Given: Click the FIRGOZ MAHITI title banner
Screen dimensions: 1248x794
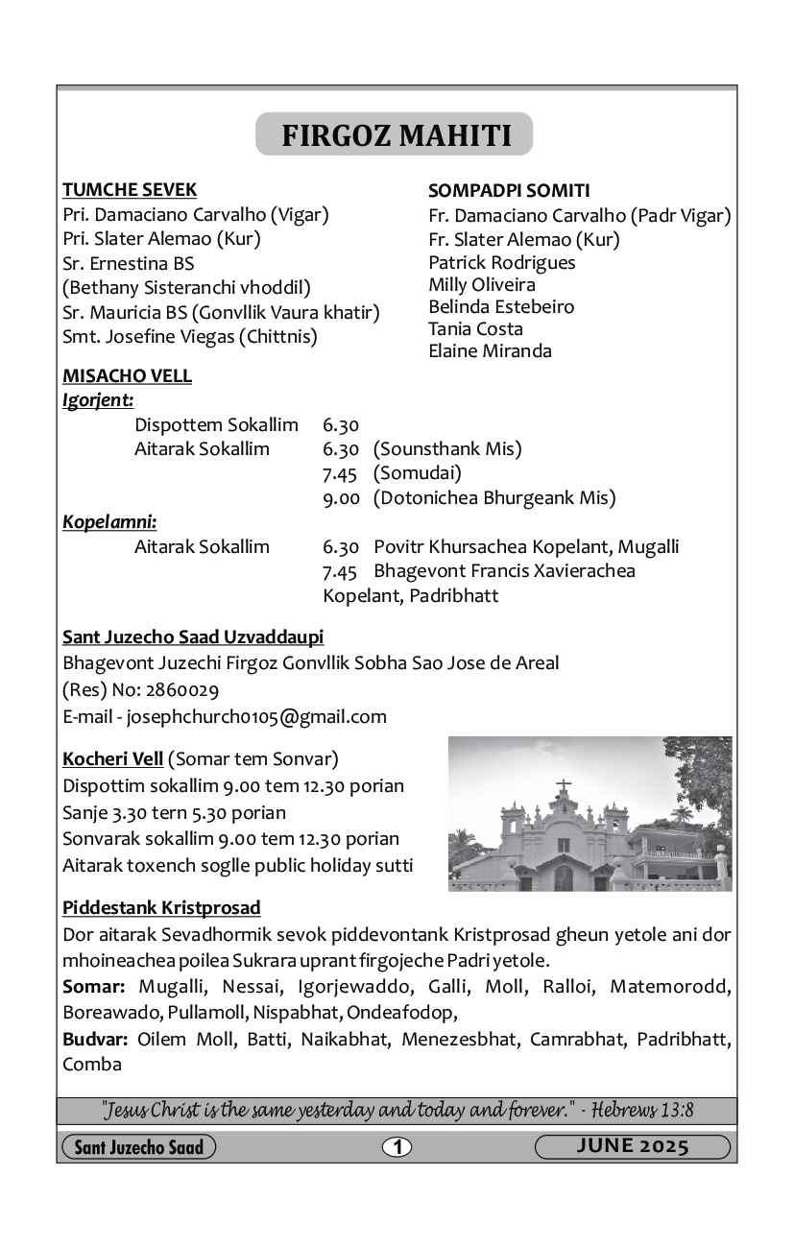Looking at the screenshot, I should click(395, 134).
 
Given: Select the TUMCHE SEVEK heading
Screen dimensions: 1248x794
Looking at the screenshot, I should click(130, 190).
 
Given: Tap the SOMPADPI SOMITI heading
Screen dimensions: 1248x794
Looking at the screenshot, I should click(509, 191).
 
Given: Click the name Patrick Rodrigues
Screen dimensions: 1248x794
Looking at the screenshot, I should click(502, 262).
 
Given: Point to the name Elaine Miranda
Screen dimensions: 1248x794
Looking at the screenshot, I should click(490, 351).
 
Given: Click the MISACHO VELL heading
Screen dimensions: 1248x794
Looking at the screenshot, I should click(127, 376).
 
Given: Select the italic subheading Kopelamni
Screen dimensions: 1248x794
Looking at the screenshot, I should click(109, 522).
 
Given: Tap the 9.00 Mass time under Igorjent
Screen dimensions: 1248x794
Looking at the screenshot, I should click(341, 498).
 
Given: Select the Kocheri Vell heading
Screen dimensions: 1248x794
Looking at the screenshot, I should click(112, 759).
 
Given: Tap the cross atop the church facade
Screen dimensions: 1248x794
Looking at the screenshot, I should click(564, 785).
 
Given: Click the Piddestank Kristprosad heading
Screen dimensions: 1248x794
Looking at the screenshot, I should click(161, 907).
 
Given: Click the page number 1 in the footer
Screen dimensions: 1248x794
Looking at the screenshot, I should click(397, 1146).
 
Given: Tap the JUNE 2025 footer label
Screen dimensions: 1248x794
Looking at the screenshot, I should click(633, 1146).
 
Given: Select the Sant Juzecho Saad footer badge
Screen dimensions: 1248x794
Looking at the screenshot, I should click(139, 1147).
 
